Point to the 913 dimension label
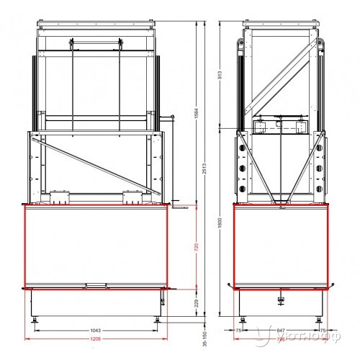[217, 73]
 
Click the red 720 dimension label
[197, 247]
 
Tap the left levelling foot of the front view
[34, 317]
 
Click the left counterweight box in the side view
[260, 127]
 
